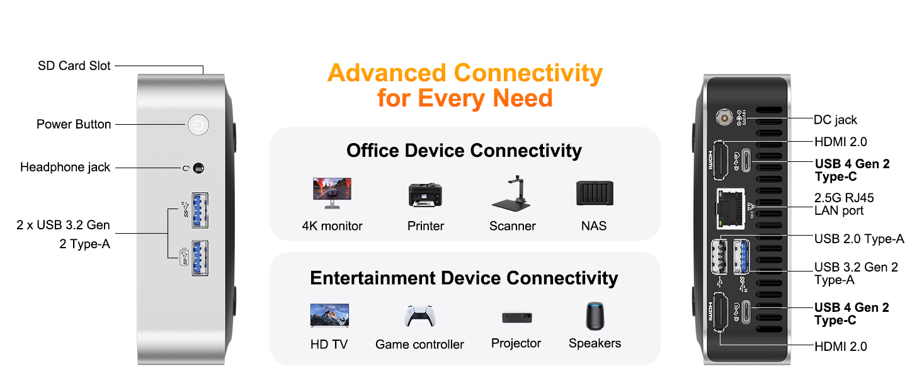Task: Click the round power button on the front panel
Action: pos(198,125)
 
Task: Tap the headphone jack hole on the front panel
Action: pos(198,168)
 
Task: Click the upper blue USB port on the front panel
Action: pos(200,210)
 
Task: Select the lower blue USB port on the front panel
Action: pos(200,258)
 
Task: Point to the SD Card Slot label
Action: pos(74,66)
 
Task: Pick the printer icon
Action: pos(425,195)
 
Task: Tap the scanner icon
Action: pos(511,193)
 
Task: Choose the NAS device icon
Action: pos(595,193)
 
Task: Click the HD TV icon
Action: pos(329,316)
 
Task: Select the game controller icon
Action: pos(420,316)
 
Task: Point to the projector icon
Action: pos(517,317)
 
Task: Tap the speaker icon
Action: pos(595,316)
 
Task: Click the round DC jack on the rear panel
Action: pos(724,117)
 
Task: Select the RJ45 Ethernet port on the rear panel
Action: pos(731,209)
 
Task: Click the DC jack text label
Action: pos(835,120)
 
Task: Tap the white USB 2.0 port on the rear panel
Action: pos(719,256)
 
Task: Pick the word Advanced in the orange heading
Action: pos(387,73)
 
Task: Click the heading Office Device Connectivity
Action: pos(464,151)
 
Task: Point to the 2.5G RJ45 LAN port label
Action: pos(844,204)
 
